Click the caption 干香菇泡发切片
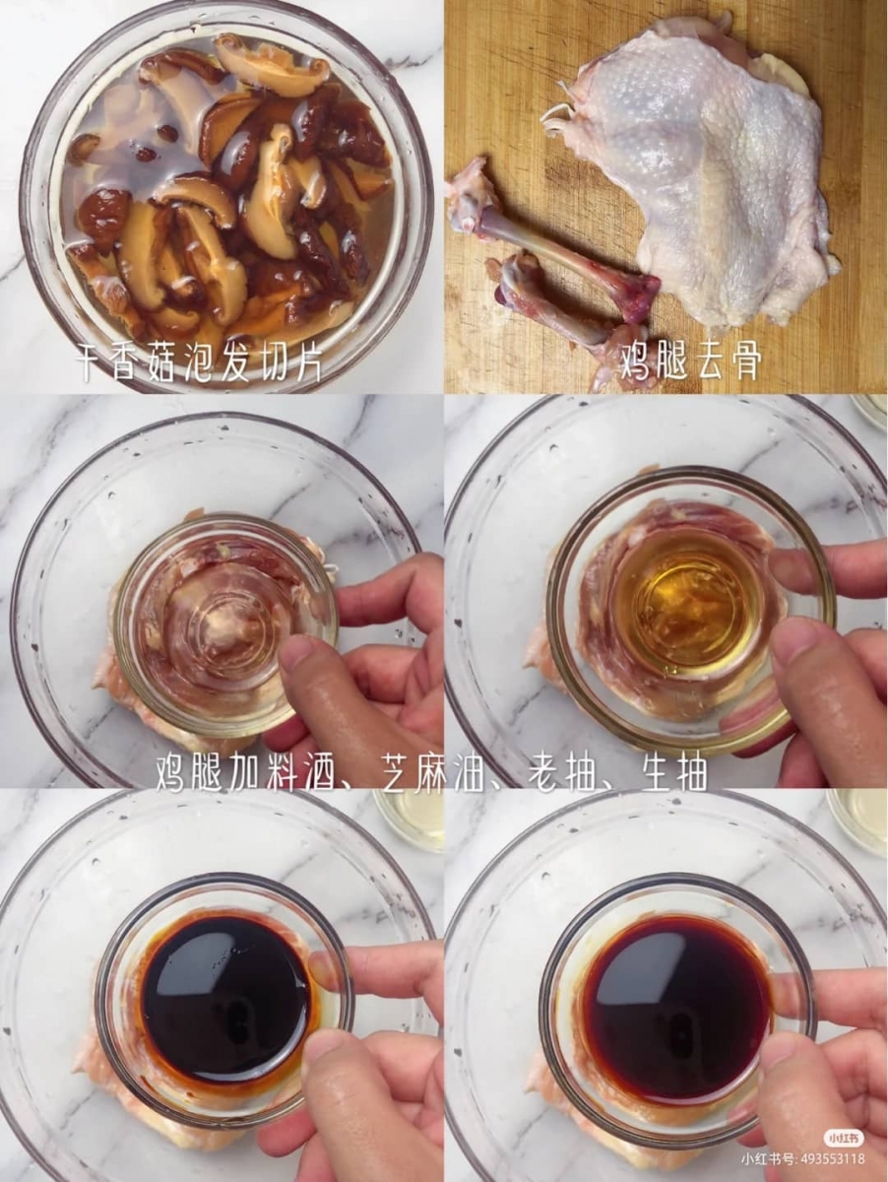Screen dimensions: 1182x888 pos(200,364)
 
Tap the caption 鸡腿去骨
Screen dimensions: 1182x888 pos(690,363)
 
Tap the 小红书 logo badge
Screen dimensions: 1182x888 pos(844,1139)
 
